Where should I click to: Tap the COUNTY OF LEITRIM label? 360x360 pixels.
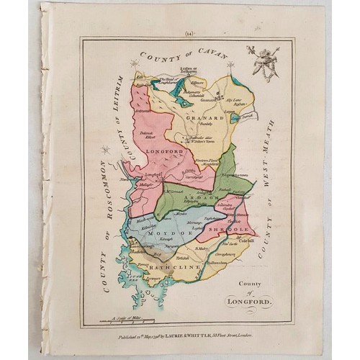point(123,118)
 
